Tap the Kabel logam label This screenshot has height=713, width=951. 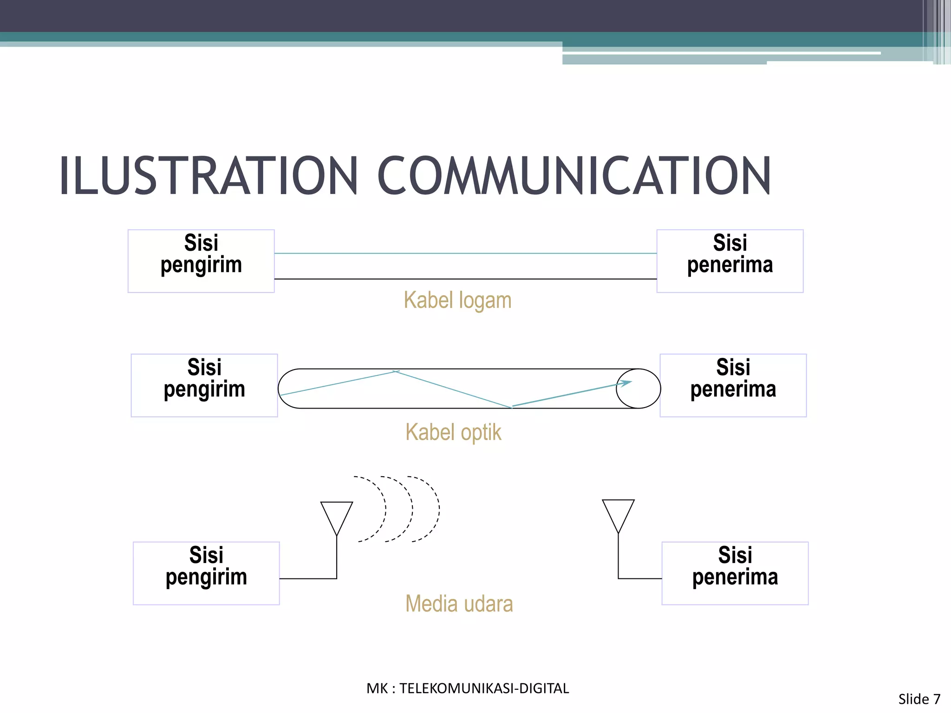(457, 300)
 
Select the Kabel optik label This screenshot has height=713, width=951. (453, 432)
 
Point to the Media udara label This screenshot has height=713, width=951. (459, 604)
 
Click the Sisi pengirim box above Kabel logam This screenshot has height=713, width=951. (201, 261)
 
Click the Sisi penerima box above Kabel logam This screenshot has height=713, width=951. (730, 261)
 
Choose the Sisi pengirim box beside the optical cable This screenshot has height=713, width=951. (204, 385)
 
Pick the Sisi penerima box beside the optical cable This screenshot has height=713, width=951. (733, 385)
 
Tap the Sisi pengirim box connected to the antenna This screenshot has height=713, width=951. (206, 573)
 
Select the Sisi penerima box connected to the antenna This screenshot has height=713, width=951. (735, 573)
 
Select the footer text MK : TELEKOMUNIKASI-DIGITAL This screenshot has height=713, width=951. (468, 688)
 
